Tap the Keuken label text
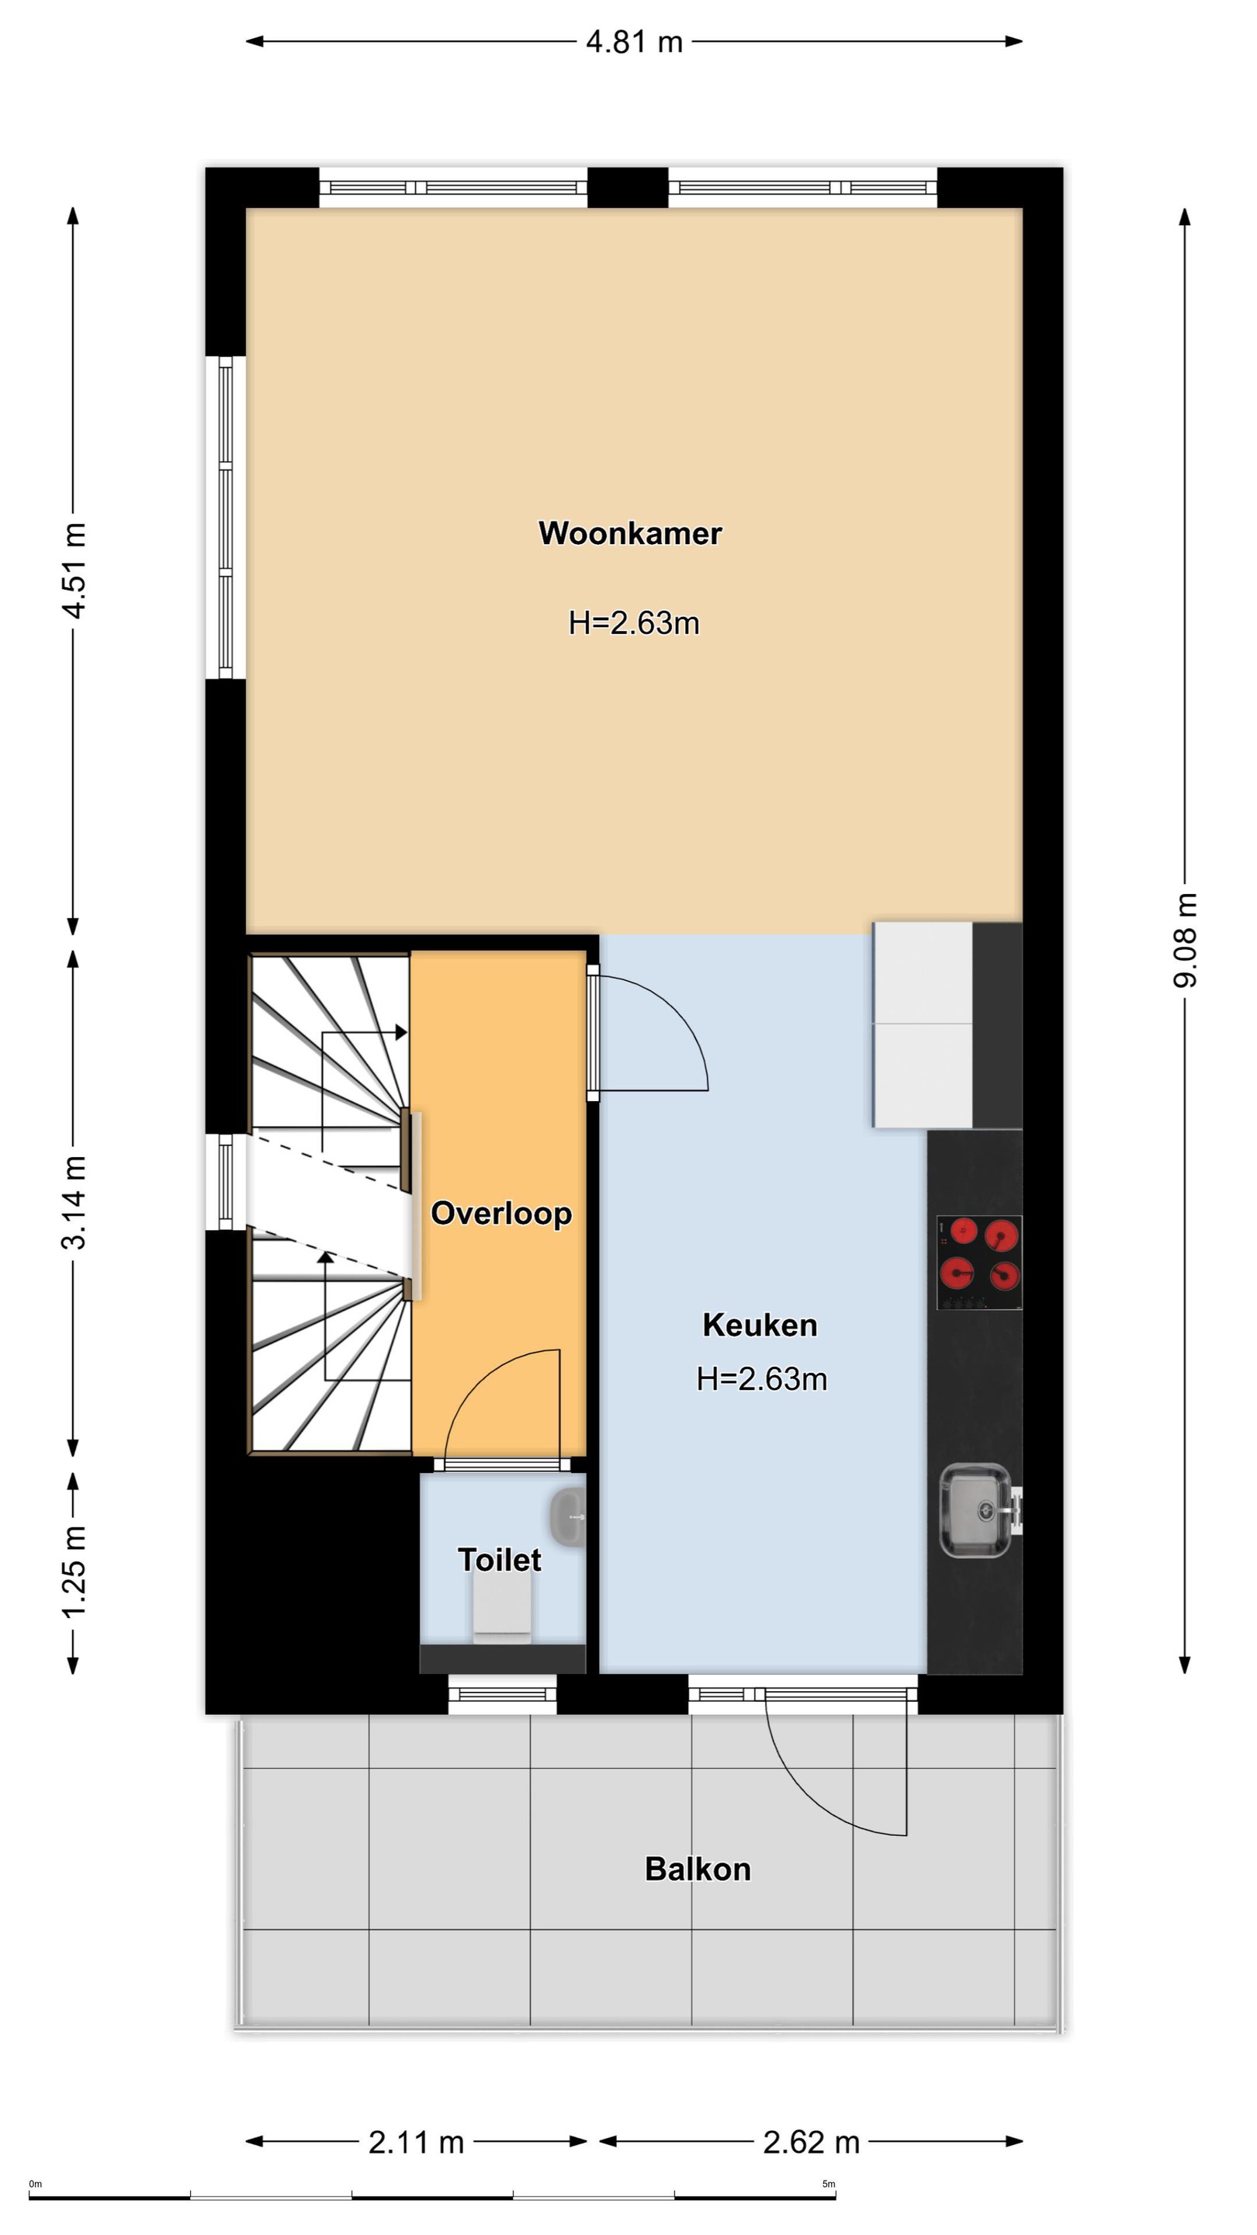pos(760,1325)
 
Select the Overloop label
pos(501,1214)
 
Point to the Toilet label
pos(500,1559)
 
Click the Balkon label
pos(698,1869)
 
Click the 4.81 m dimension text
pos(634,42)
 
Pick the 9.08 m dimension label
pos(1185,941)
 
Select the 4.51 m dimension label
pos(74,570)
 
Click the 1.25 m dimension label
pos(74,1572)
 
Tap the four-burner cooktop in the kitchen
pos(979,1262)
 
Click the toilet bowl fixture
pos(502,1608)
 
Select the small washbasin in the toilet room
pos(568,1516)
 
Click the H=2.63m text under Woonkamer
pos(634,623)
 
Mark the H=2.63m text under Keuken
pos(762,1379)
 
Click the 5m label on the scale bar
pos(829,2184)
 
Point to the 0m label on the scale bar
pos(36,2184)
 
